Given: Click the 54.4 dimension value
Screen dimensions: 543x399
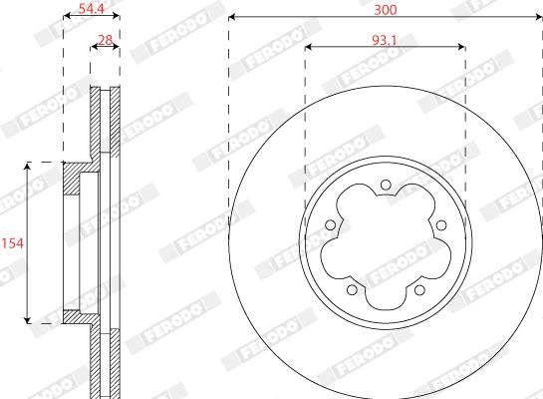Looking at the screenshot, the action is (92, 8).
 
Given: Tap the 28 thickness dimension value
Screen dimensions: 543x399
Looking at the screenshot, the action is (106, 40).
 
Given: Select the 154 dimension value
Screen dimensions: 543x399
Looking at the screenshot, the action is (13, 243).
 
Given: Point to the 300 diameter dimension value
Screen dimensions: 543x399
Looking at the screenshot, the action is (386, 10).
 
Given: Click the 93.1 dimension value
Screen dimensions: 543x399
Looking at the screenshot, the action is (384, 41).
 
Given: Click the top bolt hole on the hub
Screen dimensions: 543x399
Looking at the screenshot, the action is (386, 186).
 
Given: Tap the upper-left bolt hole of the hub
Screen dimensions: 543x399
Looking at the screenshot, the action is (331, 225).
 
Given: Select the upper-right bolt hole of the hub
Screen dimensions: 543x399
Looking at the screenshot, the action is (440, 225).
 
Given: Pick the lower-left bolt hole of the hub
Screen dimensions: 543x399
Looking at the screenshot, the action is (352, 289).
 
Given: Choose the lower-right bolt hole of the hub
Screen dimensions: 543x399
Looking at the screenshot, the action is (419, 289).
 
